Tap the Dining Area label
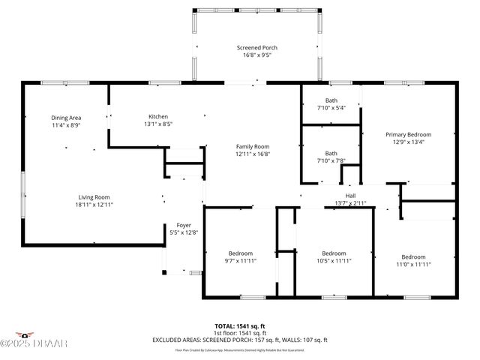coord(65,118)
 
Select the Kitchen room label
coord(158,116)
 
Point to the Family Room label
coord(252,146)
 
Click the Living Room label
coord(94,197)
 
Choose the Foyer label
coord(184,225)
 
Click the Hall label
coord(349,196)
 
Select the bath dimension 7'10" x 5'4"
coord(331,108)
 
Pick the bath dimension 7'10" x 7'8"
coord(331,160)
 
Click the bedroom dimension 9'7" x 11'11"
coord(240,261)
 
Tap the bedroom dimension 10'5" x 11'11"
coord(333,261)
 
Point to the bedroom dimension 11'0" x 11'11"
coord(413,264)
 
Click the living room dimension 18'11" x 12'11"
coord(94,205)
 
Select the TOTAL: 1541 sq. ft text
coord(239,326)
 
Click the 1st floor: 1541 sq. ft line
coord(239,333)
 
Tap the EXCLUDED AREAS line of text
coord(239,340)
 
